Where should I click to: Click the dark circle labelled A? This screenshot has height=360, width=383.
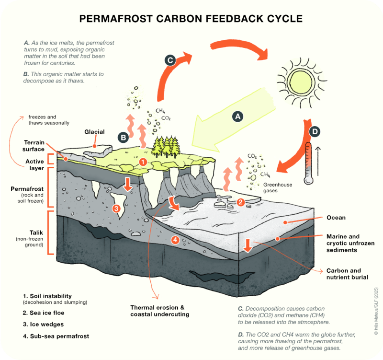point(237,116)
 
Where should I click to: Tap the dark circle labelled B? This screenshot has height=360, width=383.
point(123,138)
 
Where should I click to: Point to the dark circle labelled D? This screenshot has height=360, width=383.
point(315,132)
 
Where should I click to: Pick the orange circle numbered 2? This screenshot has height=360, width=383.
point(241,202)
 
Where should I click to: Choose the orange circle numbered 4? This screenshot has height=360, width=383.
point(175,240)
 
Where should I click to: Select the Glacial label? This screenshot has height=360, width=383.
point(94,132)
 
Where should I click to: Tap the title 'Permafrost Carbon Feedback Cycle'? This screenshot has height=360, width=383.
point(191,19)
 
